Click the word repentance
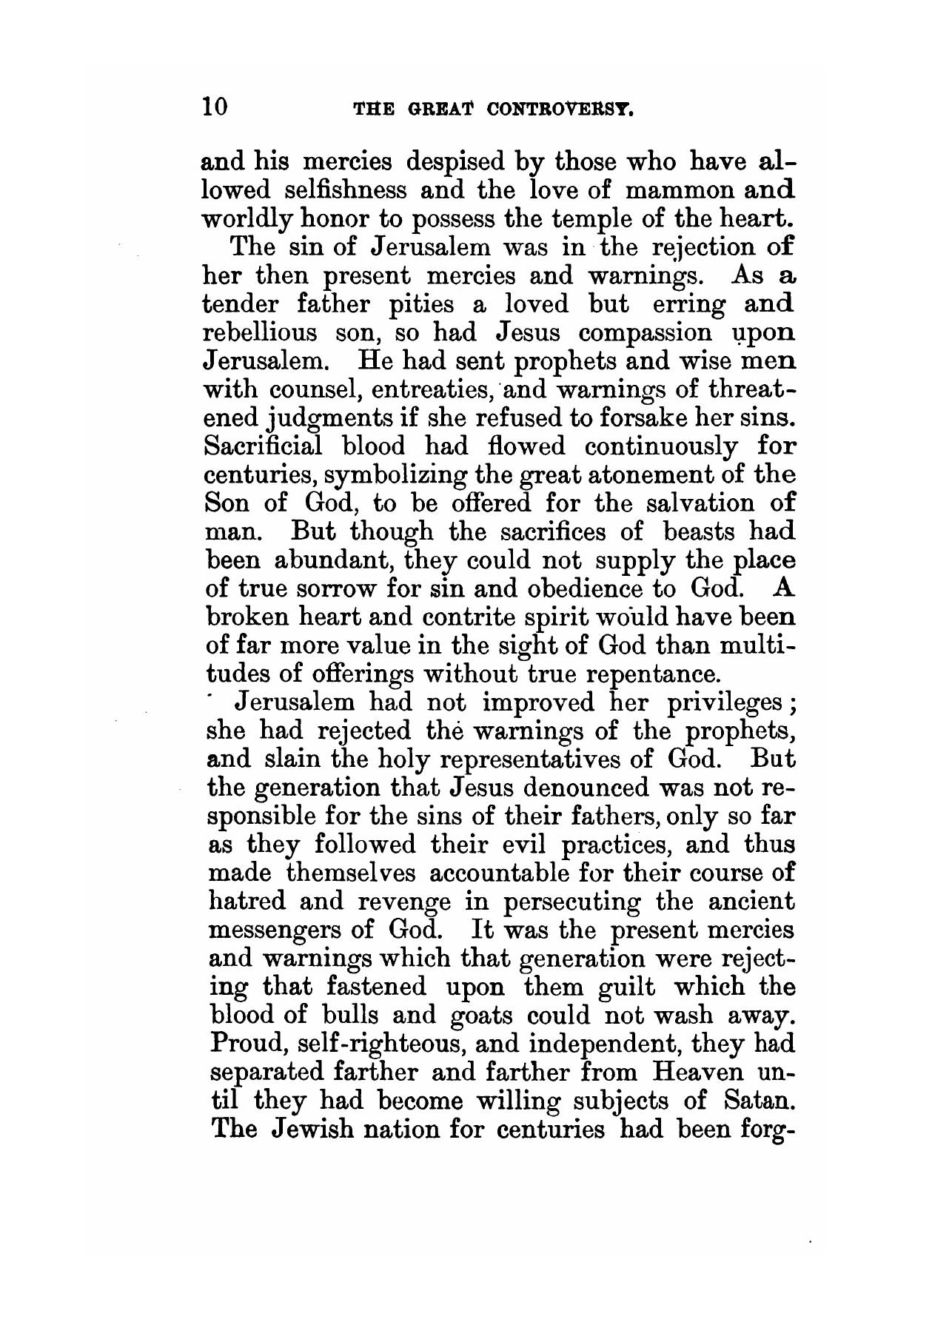[648, 675]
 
